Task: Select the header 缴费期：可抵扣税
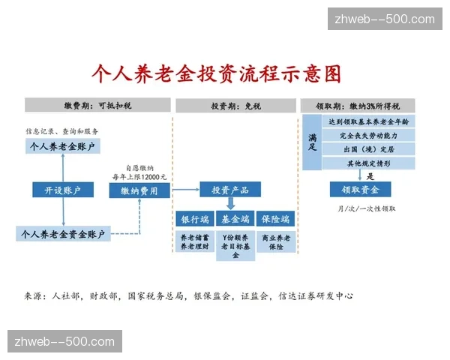click(98, 106)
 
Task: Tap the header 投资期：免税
click(235, 106)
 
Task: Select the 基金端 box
click(235, 220)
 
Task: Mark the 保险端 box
click(275, 220)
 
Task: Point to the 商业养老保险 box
click(275, 241)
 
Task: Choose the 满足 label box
click(312, 142)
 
